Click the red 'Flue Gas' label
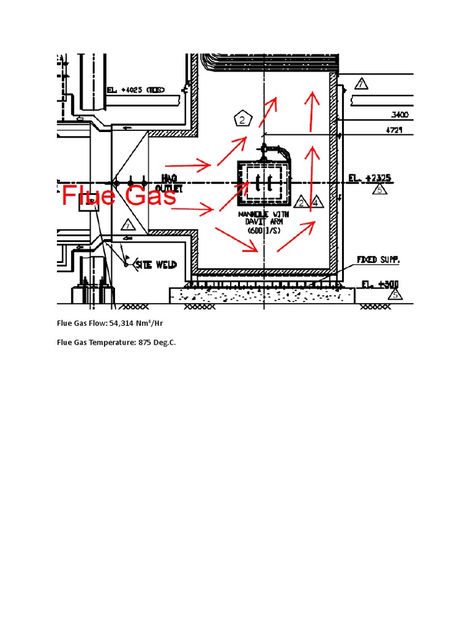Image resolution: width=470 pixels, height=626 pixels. tap(119, 197)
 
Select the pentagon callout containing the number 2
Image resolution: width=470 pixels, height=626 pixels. tap(243, 120)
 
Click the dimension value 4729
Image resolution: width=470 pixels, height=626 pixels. tap(398, 130)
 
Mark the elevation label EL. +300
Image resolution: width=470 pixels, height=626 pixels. tap(375, 284)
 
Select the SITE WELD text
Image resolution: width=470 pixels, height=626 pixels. tap(156, 264)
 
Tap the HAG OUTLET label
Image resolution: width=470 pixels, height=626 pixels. tap(168, 183)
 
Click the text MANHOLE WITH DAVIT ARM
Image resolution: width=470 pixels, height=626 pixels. tap(265, 219)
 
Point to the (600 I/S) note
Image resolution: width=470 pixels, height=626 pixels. tap(265, 232)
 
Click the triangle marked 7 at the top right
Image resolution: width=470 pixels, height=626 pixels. tap(362, 84)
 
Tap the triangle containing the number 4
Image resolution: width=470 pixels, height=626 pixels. tap(315, 202)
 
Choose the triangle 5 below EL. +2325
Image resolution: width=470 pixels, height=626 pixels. tap(379, 190)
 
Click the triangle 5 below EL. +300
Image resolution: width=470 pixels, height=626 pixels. tap(395, 295)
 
